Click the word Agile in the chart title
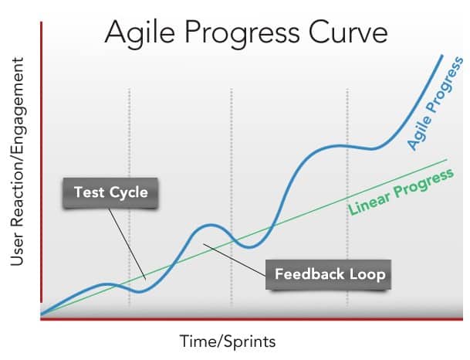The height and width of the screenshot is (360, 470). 140,33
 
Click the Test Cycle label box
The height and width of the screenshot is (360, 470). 110,192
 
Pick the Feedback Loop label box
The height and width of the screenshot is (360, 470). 329,274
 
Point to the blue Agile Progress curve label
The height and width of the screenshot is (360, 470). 435,104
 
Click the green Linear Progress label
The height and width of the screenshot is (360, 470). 401,192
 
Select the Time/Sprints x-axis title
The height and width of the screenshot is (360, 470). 228,341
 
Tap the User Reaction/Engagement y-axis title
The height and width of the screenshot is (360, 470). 17,161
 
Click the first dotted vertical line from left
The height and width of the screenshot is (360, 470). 130,196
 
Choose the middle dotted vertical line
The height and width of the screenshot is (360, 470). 231,196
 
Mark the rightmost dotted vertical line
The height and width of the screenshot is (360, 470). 347,196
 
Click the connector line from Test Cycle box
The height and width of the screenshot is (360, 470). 127,244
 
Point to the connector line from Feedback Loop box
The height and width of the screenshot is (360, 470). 235,260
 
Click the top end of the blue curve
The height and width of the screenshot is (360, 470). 441,56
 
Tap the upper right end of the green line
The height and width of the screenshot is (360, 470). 446,160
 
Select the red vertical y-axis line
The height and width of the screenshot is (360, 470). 42,162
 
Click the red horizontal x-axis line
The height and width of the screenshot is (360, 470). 252,319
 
